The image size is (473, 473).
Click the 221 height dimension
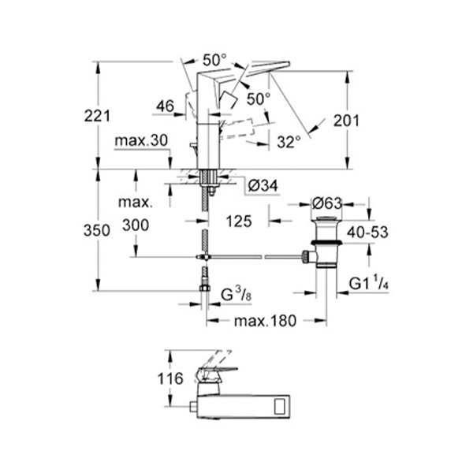coord(97,116)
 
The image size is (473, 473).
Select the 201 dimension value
coord(346,121)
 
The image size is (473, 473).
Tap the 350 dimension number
coord(96,231)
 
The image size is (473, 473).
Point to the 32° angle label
coord(289,142)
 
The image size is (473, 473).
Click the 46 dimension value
coord(166,106)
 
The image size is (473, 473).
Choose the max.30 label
coord(141,140)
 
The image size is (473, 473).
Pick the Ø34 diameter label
coord(263,186)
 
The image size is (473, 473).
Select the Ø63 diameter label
coord(326,203)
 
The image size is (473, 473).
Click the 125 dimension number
coord(239,222)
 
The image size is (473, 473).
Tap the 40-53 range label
coord(367,233)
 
